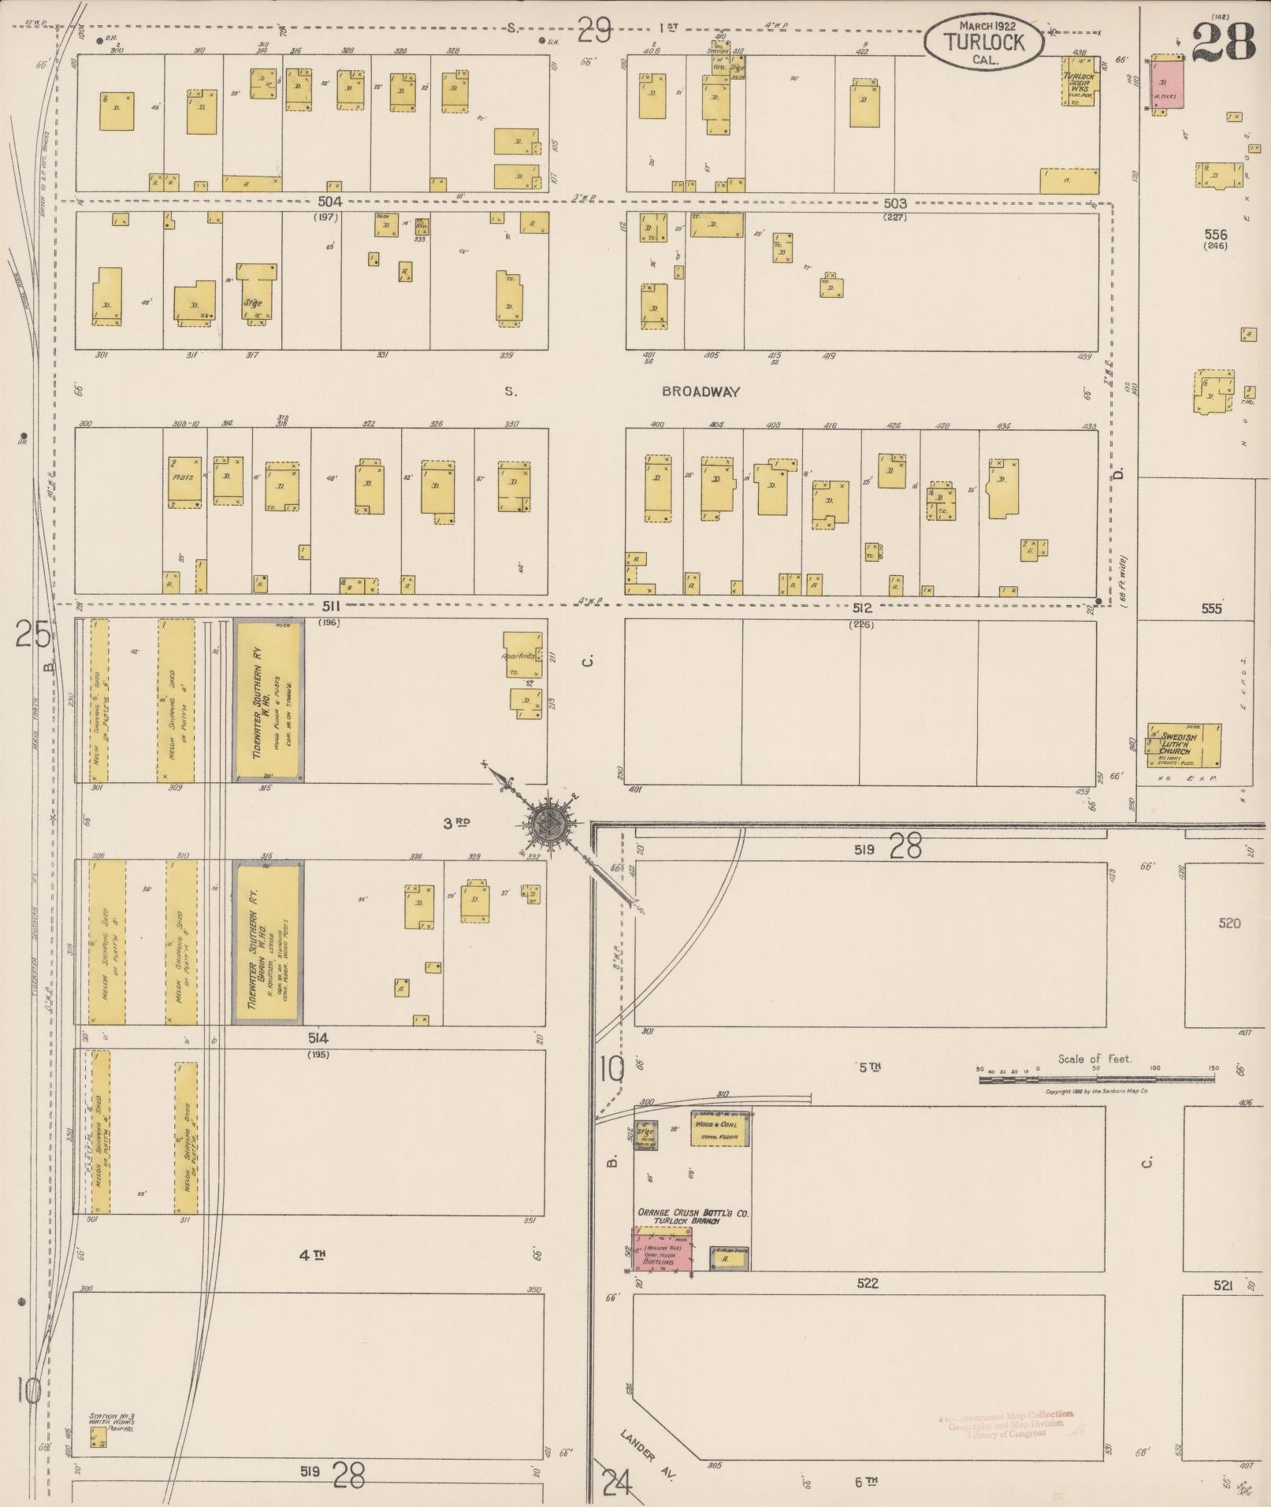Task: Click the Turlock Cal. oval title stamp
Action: click(x=984, y=43)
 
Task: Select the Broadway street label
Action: click(x=701, y=392)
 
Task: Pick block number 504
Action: click(x=330, y=202)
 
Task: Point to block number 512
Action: click(x=862, y=608)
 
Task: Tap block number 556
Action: click(x=1216, y=234)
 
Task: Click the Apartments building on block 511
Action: click(x=524, y=654)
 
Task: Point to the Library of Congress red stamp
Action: click(x=1005, y=1424)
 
